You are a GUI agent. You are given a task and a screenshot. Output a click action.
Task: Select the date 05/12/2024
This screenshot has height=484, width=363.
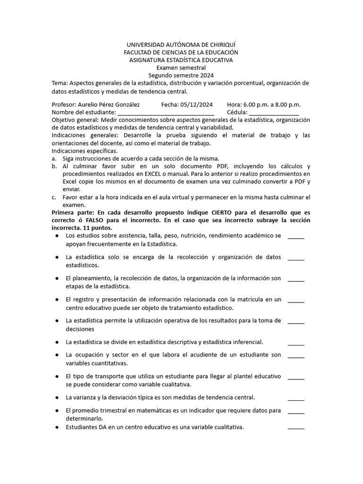pos(194,104)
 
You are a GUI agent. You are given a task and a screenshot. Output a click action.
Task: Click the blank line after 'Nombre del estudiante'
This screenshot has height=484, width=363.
pos(165,112)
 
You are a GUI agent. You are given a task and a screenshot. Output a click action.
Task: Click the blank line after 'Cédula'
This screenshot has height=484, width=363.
pos(274,112)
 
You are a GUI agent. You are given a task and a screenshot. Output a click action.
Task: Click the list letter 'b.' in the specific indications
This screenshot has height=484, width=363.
pos(54,166)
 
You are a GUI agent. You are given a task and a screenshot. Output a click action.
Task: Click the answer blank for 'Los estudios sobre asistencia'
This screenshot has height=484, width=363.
pos(296,237)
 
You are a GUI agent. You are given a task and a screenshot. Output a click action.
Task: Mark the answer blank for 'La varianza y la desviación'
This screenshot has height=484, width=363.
pos(296,398)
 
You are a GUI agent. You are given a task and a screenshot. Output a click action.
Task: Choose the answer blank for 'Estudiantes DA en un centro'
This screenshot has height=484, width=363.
pos(296,428)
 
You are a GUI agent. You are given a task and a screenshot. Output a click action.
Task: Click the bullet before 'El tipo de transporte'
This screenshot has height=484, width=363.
pos(57,376)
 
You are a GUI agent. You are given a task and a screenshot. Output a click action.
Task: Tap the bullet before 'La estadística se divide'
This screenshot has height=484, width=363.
pos(57,342)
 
